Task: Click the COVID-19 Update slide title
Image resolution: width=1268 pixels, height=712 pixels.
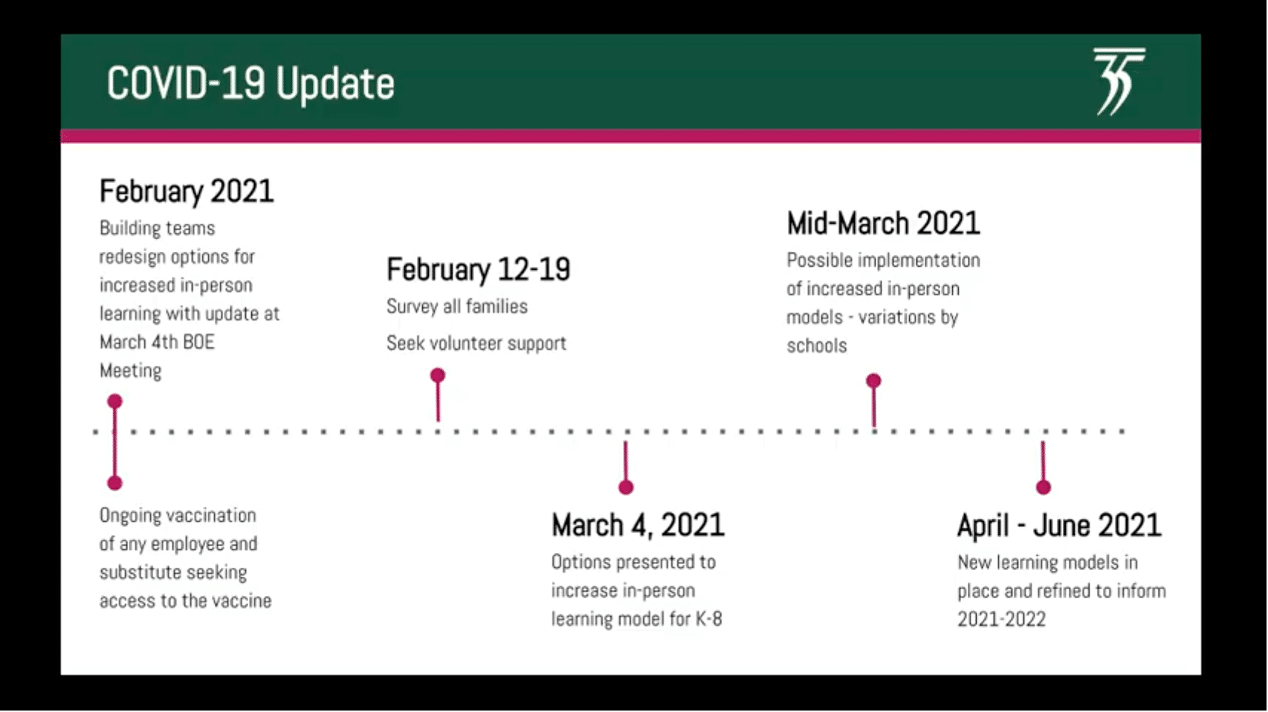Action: (x=250, y=84)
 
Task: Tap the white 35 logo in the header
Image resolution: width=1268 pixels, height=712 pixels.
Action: (x=1119, y=82)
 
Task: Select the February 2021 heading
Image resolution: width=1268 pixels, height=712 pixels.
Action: (x=187, y=191)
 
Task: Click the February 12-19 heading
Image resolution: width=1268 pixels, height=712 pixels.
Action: (x=479, y=269)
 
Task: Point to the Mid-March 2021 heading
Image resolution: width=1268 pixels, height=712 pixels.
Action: (x=884, y=223)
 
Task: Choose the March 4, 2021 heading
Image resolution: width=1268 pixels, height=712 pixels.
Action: (x=638, y=525)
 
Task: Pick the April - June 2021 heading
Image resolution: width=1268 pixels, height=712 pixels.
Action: (x=1059, y=525)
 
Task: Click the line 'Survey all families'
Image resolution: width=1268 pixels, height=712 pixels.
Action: (x=457, y=307)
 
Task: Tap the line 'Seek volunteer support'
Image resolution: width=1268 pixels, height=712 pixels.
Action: (x=476, y=343)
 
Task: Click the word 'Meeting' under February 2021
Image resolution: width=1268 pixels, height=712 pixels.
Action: (x=130, y=371)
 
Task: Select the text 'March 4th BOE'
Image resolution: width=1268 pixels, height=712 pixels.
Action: (x=157, y=343)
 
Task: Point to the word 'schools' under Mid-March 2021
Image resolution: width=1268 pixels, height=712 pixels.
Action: (x=816, y=346)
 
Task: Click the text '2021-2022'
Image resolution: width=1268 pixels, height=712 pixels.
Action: (x=1001, y=619)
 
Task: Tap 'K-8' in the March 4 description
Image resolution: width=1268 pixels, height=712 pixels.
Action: (x=709, y=619)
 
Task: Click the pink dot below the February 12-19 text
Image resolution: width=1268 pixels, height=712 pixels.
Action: (x=438, y=375)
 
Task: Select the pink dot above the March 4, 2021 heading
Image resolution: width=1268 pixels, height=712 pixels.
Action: (x=626, y=488)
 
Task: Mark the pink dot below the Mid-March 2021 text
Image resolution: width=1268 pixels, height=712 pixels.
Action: (x=873, y=381)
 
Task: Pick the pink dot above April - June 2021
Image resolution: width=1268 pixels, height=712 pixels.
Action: (x=1044, y=488)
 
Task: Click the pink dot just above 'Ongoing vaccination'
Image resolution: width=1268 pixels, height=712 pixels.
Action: (x=115, y=483)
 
